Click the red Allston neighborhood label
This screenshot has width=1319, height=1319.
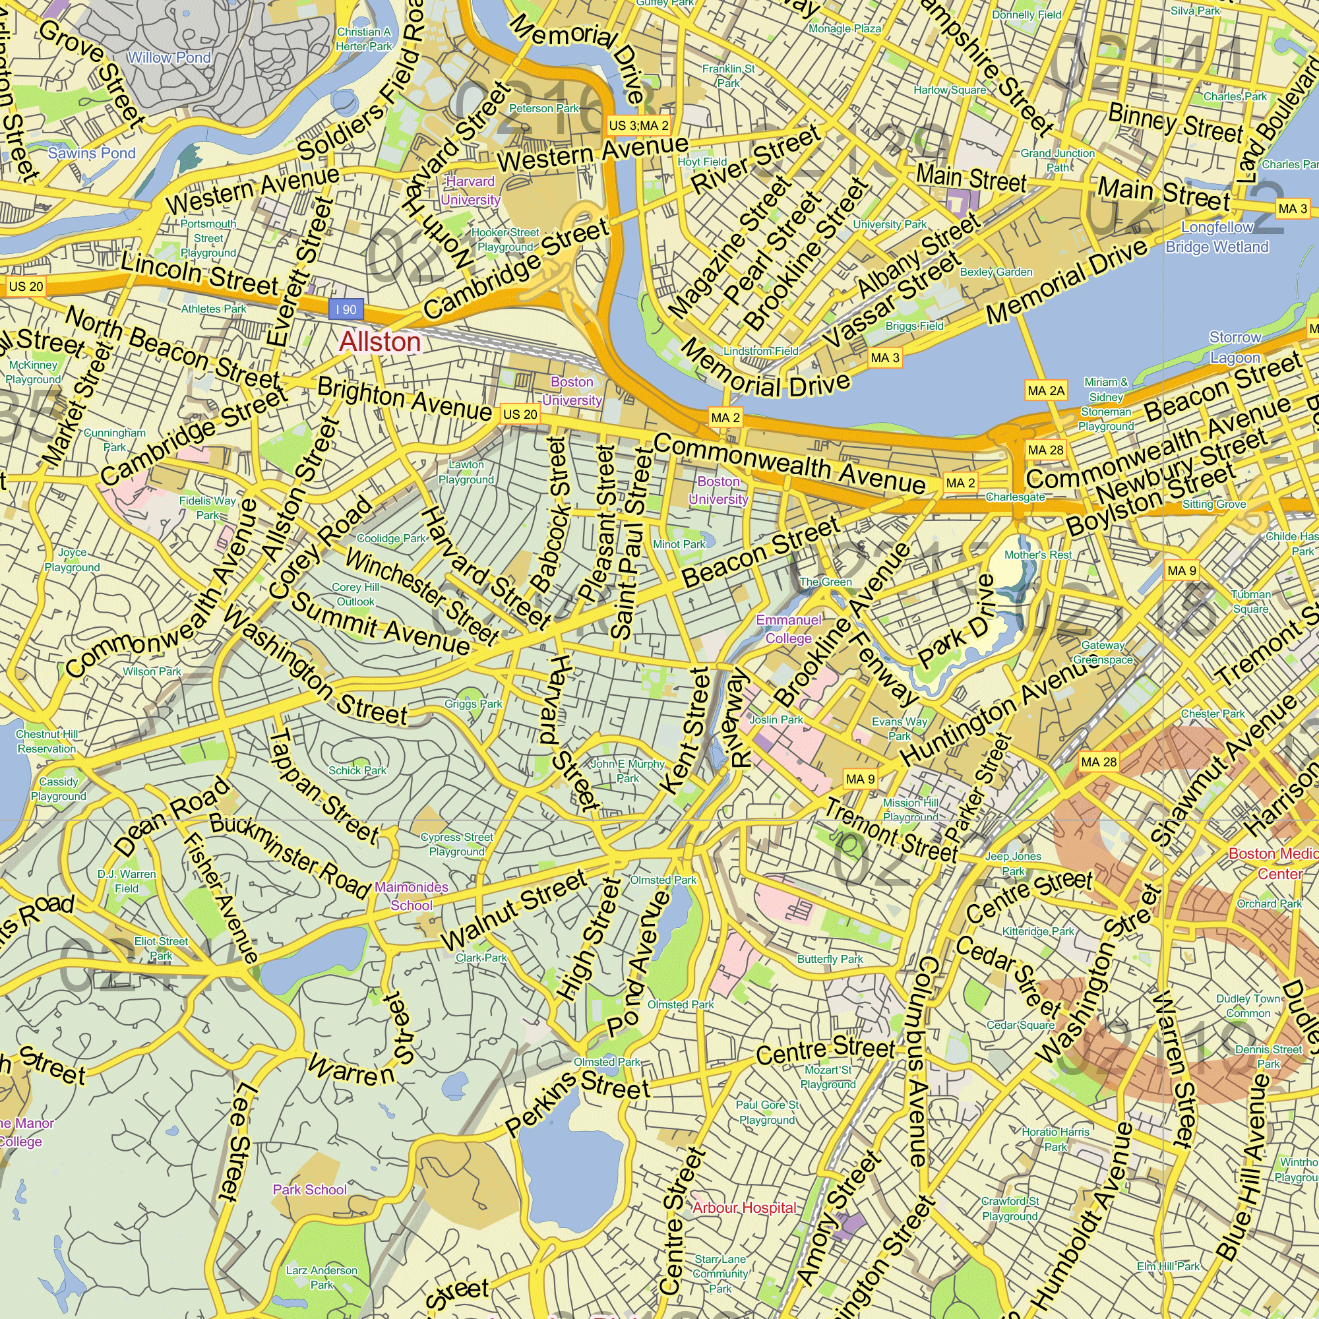(x=380, y=342)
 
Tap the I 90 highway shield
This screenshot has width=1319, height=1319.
(x=346, y=309)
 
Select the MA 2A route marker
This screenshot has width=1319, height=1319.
(x=1046, y=390)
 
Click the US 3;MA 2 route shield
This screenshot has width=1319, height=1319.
(x=638, y=125)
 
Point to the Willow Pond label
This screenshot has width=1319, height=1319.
(x=169, y=58)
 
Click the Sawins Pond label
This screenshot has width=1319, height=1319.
(x=92, y=153)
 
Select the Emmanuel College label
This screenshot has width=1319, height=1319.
(x=789, y=629)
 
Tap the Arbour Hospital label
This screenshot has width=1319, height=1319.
(x=744, y=1208)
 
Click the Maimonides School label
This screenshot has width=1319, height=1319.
(x=411, y=896)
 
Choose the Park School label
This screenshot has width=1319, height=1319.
(x=310, y=1189)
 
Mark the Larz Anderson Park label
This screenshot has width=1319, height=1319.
(x=322, y=1277)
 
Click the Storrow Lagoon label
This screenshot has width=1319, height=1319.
(x=1235, y=347)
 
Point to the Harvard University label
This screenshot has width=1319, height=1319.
(x=470, y=191)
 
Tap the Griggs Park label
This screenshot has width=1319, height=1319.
(x=473, y=704)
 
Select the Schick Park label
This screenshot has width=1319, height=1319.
(x=357, y=770)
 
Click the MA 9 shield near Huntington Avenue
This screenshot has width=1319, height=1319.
(x=860, y=779)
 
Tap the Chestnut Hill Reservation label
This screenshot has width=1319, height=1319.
(x=46, y=741)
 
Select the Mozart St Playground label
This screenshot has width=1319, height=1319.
(x=828, y=1077)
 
